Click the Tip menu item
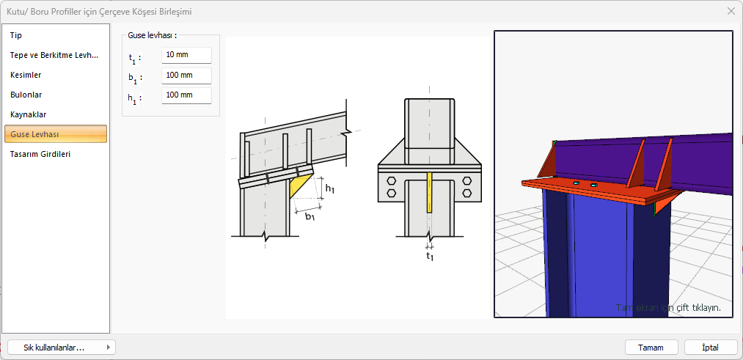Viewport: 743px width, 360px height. tap(16, 35)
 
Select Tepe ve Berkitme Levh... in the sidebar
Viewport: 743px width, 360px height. tap(54, 56)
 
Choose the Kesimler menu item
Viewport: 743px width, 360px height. tap(26, 76)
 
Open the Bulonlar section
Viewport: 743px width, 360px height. tap(26, 95)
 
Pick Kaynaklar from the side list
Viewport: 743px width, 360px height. tap(29, 114)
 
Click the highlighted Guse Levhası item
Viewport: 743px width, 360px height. tap(56, 134)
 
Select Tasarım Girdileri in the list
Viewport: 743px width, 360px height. tap(40, 154)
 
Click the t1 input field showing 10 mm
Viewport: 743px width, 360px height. tap(186, 55)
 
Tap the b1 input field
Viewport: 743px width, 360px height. tap(186, 76)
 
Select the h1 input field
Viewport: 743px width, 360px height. tap(186, 95)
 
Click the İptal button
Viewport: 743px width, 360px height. tap(711, 348)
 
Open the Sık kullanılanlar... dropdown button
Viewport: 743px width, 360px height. tap(62, 348)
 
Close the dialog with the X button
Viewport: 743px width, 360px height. tap(731, 12)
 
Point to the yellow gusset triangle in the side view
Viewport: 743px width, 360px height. tap(298, 184)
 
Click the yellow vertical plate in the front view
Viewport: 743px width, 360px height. tap(429, 192)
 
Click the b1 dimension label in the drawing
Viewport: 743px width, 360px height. tap(310, 217)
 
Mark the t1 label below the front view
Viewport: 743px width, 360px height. tap(430, 257)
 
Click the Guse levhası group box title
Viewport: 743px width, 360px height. tap(149, 35)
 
